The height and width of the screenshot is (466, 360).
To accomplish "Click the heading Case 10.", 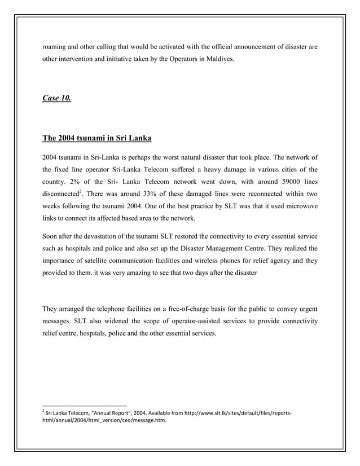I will tap(57, 99).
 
